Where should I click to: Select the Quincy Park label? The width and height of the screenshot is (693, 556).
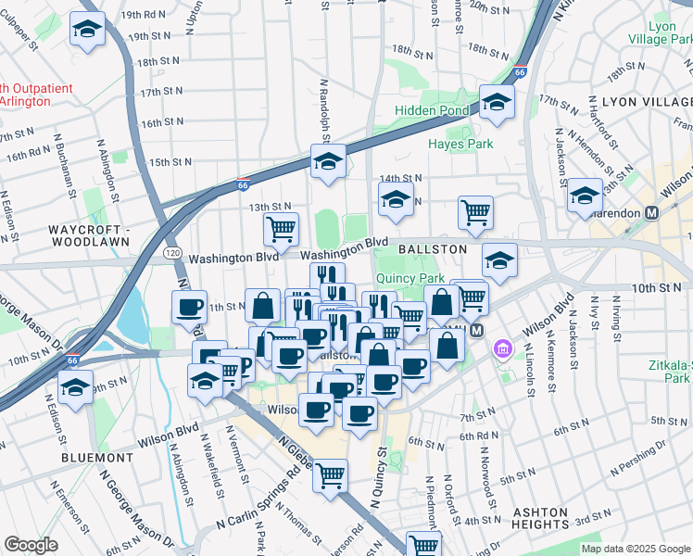[x=409, y=277]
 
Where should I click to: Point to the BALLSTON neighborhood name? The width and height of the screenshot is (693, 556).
[x=433, y=250]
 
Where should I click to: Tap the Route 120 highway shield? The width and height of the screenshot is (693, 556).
[x=172, y=252]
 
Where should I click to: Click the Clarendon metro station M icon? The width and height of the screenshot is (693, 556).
[x=652, y=212]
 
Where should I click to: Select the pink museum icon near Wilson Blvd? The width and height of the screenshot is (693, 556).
[x=504, y=349]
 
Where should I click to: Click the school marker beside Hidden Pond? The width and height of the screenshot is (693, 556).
[x=497, y=103]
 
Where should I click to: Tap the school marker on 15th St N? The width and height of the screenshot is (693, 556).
[x=327, y=162]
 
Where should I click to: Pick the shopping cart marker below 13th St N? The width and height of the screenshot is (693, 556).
[x=281, y=228]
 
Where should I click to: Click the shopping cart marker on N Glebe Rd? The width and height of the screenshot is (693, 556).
[x=330, y=476]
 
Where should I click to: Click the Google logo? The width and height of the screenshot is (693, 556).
[x=31, y=544]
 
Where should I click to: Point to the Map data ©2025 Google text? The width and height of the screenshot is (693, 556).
[x=635, y=549]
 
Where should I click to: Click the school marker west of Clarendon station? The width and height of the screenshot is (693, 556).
[x=585, y=196]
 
